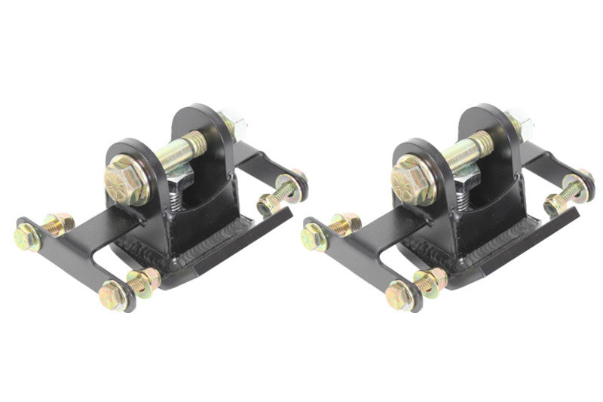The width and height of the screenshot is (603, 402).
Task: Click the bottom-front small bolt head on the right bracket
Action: pyautogui.click(x=399, y=294)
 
